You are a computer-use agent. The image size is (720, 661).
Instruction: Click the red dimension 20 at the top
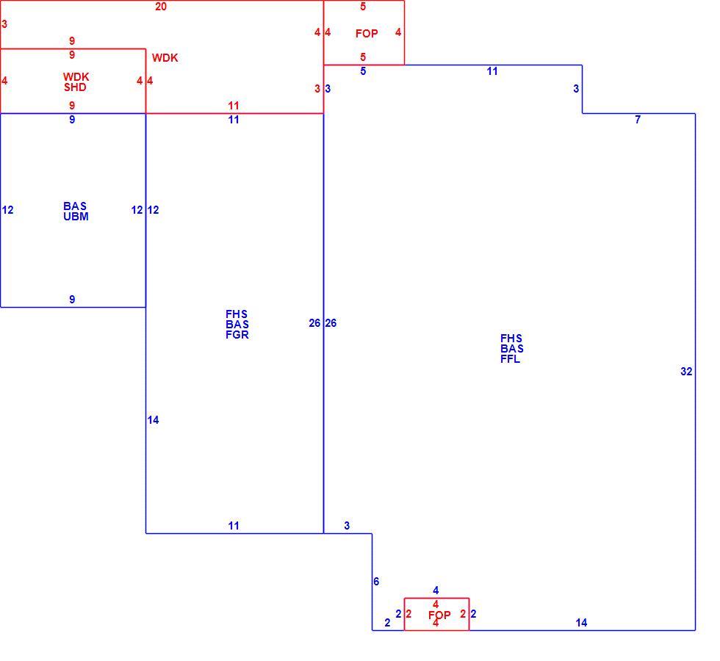161,7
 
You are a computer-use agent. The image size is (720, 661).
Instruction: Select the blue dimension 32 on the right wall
686,372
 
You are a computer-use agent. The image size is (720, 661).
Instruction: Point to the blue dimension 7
638,119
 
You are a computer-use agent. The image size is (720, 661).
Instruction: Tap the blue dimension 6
376,582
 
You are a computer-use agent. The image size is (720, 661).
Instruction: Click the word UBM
76,217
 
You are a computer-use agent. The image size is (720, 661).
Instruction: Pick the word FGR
237,335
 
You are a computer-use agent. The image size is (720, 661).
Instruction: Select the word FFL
510,359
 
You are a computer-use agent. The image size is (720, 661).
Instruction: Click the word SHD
75,87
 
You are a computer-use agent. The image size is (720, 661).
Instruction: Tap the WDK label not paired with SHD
165,58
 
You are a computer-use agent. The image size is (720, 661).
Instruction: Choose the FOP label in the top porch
367,34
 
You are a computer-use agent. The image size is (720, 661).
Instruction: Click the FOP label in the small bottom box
439,615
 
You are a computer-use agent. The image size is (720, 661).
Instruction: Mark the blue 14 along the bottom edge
581,623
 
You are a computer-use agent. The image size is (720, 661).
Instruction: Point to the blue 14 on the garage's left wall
153,420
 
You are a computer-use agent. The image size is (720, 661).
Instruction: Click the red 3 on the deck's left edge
4,24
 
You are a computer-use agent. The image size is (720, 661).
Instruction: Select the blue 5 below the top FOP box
363,71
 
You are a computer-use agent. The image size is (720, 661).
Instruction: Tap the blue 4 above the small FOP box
436,590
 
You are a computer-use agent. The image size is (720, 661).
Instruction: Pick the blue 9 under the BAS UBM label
72,300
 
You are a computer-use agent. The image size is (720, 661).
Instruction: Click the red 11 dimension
234,106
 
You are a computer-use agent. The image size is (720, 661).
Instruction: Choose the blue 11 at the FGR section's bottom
234,526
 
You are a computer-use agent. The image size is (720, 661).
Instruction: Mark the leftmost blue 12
8,210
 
